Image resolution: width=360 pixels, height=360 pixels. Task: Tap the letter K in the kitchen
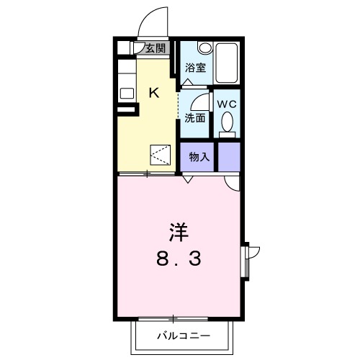point(153,91)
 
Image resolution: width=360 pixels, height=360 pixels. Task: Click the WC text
point(227,104)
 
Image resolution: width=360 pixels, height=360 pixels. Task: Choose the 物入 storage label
point(199,157)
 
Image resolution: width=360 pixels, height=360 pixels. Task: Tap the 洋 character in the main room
point(179,232)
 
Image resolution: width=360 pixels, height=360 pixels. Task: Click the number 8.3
point(179,257)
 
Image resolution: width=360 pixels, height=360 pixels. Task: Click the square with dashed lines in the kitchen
point(160,155)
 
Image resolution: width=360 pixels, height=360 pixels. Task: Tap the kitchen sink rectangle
point(127,93)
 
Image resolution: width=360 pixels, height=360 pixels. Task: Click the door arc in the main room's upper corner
point(232,185)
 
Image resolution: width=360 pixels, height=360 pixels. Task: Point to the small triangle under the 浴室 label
point(187,83)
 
